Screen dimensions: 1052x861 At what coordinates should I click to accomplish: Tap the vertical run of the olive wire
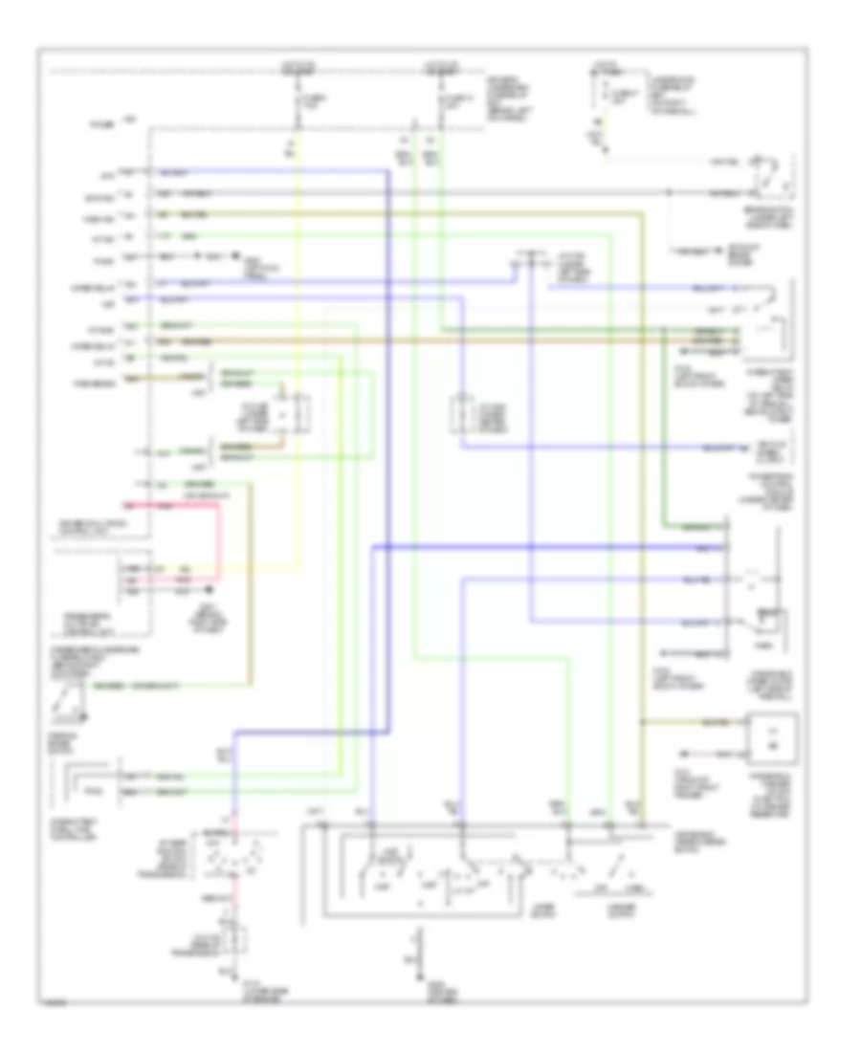643,478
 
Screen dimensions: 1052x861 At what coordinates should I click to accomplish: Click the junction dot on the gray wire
669,192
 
